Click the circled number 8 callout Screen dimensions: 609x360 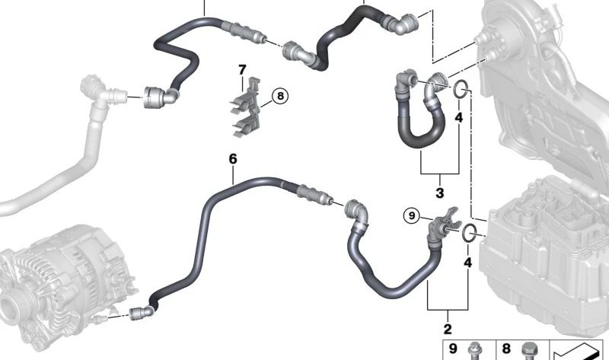[280, 95]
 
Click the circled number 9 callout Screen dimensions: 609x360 [412, 215]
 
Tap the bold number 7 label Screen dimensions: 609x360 [242, 70]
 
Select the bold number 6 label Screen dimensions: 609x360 [233, 159]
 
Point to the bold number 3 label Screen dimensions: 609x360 [440, 193]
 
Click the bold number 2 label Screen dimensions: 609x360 [448, 329]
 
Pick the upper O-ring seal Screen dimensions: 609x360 [461, 89]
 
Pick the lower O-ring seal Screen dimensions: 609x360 [469, 234]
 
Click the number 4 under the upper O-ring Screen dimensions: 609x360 [459, 117]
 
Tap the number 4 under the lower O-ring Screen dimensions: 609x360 [467, 263]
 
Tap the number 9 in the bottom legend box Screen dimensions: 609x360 [453, 349]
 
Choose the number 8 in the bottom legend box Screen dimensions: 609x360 [505, 349]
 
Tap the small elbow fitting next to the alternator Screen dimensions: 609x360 [142, 313]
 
